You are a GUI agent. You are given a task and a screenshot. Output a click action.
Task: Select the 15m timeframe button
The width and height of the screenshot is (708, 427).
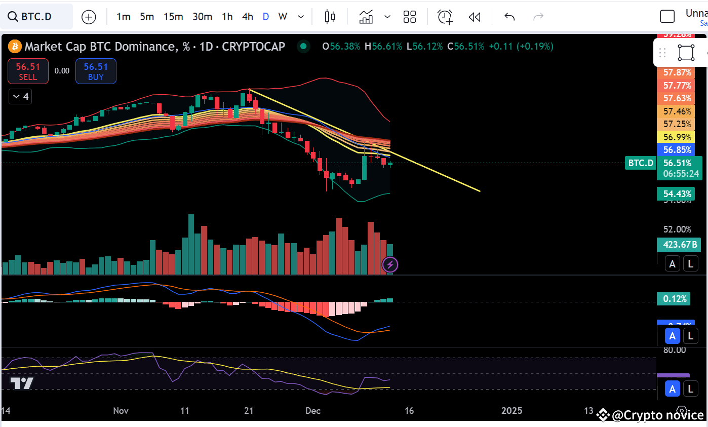(x=173, y=17)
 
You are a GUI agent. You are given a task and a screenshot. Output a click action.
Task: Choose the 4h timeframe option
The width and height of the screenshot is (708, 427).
(x=247, y=17)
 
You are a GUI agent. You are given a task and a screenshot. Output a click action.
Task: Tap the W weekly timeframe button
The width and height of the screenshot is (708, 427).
(x=283, y=17)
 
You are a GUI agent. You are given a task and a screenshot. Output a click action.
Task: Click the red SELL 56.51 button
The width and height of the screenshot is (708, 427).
(x=28, y=71)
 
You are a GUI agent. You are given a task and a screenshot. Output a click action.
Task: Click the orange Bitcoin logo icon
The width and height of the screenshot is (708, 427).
(x=14, y=47)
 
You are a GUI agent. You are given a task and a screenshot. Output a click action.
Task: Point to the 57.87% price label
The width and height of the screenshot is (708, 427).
(x=677, y=72)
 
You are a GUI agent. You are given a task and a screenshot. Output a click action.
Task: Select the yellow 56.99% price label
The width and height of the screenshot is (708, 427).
(x=677, y=137)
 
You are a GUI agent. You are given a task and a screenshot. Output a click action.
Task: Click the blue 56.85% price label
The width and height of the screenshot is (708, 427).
(x=677, y=150)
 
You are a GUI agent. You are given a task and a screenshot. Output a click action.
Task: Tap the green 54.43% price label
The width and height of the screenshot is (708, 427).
(x=677, y=193)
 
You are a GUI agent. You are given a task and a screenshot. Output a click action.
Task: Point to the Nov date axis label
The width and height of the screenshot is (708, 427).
(x=121, y=411)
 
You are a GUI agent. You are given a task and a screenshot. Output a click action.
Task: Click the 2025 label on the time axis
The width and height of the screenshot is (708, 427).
(x=511, y=411)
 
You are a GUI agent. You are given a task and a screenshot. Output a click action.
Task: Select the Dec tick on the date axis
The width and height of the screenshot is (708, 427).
(x=313, y=411)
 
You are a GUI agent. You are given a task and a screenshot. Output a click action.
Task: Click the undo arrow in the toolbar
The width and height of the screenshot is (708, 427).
(x=509, y=17)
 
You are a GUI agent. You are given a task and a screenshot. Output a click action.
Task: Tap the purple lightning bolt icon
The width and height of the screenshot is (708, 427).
(x=390, y=264)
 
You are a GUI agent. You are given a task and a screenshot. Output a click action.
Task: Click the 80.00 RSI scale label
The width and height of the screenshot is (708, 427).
(x=675, y=350)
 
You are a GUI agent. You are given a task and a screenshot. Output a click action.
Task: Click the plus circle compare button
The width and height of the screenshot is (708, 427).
(x=89, y=17)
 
